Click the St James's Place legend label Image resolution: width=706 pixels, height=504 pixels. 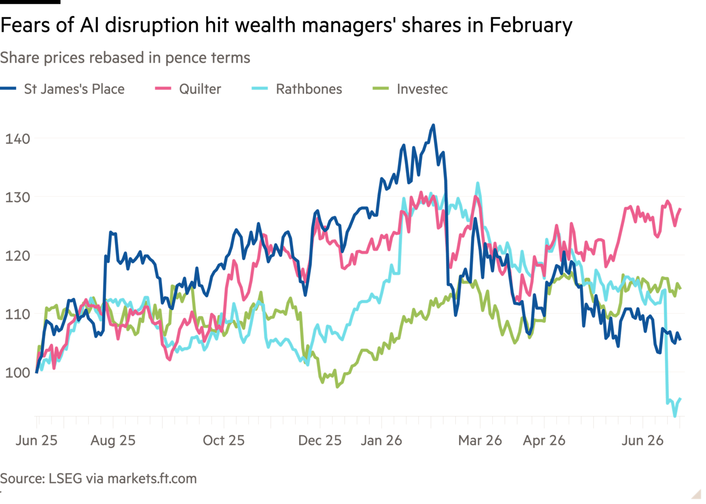(x=75, y=89)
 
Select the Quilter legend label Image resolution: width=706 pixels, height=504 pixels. (x=200, y=89)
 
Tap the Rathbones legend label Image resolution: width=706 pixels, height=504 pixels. (x=309, y=89)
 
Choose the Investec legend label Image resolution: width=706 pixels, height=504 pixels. (x=423, y=89)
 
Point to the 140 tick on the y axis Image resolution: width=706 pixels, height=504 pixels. (x=17, y=139)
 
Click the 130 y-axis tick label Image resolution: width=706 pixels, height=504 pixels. (x=17, y=198)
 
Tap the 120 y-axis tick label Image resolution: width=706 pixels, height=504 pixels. (x=17, y=256)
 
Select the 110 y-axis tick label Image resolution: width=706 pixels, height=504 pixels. (x=17, y=314)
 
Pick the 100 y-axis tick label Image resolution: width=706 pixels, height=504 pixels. (x=17, y=372)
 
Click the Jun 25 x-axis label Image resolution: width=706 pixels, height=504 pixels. (x=36, y=440)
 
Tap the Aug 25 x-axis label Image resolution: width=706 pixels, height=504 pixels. (x=113, y=440)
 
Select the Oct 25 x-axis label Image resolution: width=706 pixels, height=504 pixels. (x=224, y=440)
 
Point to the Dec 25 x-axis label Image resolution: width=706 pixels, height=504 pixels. (x=320, y=440)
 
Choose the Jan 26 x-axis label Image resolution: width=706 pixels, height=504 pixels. (x=381, y=440)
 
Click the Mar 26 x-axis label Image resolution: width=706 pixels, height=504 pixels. (x=480, y=440)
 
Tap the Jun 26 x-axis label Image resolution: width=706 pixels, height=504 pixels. (x=642, y=440)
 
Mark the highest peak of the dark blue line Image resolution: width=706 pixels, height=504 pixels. (x=433, y=125)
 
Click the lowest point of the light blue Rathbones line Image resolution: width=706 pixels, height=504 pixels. (x=675, y=416)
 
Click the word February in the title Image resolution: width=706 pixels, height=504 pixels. (x=531, y=25)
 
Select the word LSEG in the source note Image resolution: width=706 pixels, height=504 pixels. (x=65, y=478)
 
